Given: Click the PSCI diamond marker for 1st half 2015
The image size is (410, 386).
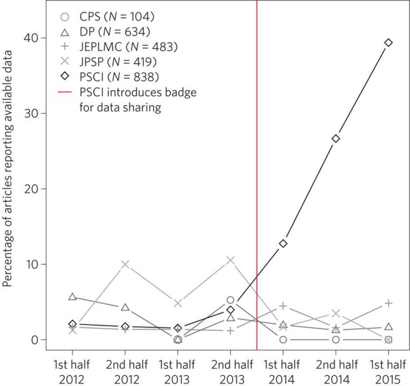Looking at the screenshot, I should point(388,43).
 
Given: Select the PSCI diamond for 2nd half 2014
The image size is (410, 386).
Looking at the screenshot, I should point(336,138).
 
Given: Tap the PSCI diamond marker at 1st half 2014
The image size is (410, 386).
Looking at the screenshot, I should point(284,243).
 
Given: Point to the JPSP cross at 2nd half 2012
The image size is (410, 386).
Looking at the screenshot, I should point(125,264).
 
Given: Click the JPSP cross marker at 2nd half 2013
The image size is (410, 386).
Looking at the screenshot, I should point(231,260).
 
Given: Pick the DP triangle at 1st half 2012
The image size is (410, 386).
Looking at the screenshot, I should point(72,297).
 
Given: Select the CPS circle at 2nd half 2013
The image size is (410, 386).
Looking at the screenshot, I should point(231,300).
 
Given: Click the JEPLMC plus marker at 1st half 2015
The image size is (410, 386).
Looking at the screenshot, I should point(388,303).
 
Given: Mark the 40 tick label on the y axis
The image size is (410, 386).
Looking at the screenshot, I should point(30,38).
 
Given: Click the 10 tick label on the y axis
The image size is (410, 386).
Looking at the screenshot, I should point(30,264).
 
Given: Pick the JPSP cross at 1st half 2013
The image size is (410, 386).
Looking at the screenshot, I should point(178,303).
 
